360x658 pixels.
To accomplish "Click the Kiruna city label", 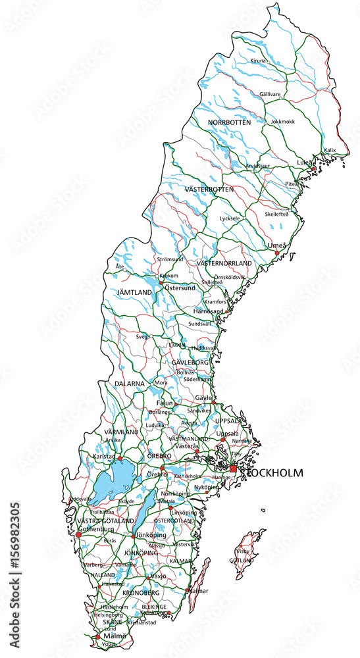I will click(x=258, y=61).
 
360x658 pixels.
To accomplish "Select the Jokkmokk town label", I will click(x=283, y=122).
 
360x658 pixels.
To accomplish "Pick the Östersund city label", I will click(x=180, y=288).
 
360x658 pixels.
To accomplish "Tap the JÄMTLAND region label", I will click(x=134, y=291).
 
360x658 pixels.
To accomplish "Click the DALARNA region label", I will click(x=128, y=383).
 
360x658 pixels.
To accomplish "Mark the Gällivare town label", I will click(x=270, y=94).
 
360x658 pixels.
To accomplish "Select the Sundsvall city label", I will click(x=199, y=324).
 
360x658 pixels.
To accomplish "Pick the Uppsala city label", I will click(x=228, y=434).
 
